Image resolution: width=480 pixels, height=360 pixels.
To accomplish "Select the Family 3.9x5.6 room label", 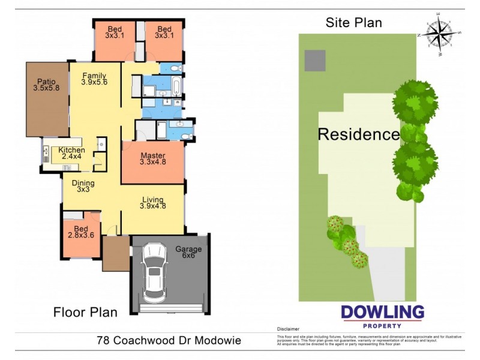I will click(94, 79).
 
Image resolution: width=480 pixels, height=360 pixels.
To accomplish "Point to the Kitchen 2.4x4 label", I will click(71, 154).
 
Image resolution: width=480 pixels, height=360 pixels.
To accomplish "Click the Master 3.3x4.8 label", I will click(152, 159).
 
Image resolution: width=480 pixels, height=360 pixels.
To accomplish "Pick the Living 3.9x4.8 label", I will click(153, 203).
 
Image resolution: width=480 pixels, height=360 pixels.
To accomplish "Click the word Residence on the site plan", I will click(358, 134).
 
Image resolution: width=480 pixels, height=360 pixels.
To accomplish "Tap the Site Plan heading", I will click(354, 23).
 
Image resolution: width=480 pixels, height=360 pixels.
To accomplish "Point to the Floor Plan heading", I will click(85, 312).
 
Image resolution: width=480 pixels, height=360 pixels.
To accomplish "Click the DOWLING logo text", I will click(382, 313).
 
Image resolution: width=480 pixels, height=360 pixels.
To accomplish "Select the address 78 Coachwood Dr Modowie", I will click(169, 341).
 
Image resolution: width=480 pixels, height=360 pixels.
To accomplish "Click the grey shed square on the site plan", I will click(315, 60).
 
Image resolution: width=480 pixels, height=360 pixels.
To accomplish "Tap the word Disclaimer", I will click(287, 329).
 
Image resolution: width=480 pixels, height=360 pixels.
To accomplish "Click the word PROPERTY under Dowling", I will click(382, 325).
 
